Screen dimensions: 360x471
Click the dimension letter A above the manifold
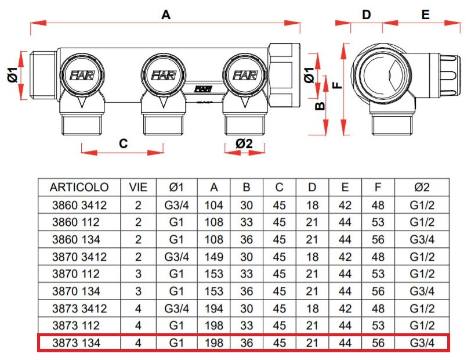pyautogui.click(x=166, y=16)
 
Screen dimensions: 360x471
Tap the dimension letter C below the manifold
pyautogui.click(x=123, y=143)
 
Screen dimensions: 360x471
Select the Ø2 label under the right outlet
pyautogui.click(x=244, y=143)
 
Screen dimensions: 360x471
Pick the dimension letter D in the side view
pyautogui.click(x=366, y=15)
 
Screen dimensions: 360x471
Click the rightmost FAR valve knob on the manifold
pyautogui.click(x=245, y=75)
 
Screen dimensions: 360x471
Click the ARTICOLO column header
pyautogui.click(x=79, y=187)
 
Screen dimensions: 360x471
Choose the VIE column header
pyautogui.click(x=138, y=187)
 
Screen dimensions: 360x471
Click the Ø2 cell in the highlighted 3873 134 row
pyautogui.click(x=422, y=343)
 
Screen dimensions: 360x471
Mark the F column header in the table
pyautogui.click(x=378, y=187)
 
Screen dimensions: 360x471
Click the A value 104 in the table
pyautogui.click(x=214, y=204)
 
